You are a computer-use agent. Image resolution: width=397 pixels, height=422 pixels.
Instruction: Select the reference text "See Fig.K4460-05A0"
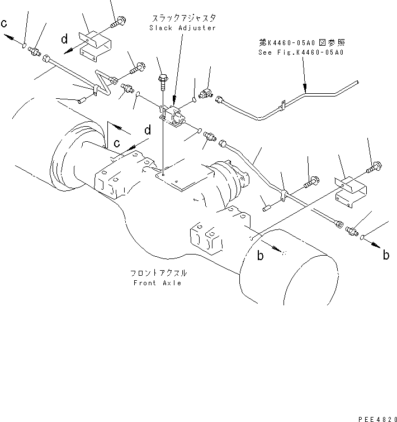pos(301,52)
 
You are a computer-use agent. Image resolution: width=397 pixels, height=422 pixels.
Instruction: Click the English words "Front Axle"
pos(158,283)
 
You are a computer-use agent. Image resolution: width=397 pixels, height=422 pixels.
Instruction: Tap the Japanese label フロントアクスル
pos(158,274)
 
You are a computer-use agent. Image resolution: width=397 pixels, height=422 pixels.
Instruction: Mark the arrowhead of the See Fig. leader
pos(305,88)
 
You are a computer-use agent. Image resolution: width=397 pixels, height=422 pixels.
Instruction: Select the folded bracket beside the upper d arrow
pos(94,45)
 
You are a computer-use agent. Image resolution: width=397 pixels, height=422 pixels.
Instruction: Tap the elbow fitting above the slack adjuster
pos(206,90)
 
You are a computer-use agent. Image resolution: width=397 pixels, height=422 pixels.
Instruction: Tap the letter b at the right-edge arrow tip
pos(386,256)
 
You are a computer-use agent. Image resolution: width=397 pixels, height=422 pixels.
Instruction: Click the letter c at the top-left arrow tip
pos(5,23)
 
